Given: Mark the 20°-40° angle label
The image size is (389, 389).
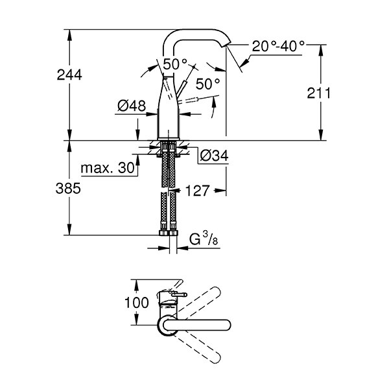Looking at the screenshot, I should tap(279, 47).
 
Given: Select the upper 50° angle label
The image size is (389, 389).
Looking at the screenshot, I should tap(176, 64).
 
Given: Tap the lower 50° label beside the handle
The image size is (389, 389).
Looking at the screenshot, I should tap(208, 84).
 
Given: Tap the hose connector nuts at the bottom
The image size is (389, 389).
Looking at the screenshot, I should tap(169, 232).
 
